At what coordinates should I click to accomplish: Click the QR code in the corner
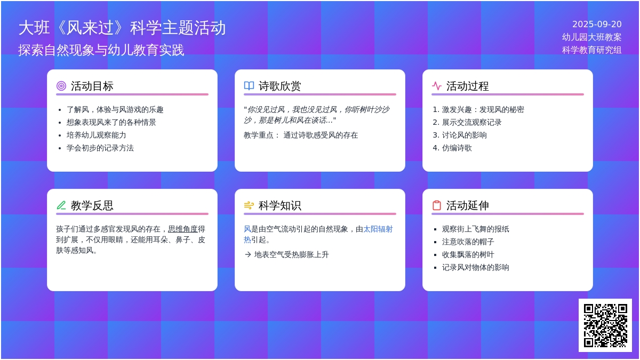tap(605, 325)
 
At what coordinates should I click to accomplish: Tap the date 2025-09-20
tap(597, 25)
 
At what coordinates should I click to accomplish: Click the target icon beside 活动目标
tap(61, 86)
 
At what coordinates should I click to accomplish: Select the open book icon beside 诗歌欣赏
tap(249, 86)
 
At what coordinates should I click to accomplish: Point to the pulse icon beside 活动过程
tap(437, 86)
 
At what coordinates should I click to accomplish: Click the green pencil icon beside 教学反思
tap(61, 205)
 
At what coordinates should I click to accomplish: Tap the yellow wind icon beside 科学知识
tap(249, 205)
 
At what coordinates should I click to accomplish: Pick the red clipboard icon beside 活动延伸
tap(437, 205)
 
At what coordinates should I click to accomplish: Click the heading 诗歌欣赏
tap(279, 86)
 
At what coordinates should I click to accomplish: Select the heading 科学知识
tap(279, 205)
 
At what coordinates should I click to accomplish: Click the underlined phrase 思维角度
tap(183, 229)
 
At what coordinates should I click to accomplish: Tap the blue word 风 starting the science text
tap(247, 229)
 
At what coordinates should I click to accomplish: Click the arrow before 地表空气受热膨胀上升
tap(248, 254)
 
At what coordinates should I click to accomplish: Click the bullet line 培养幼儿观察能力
tap(97, 135)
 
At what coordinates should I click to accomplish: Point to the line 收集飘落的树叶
tap(468, 254)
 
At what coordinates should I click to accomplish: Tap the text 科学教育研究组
tap(591, 50)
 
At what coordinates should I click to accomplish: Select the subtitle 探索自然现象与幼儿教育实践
tap(101, 50)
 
